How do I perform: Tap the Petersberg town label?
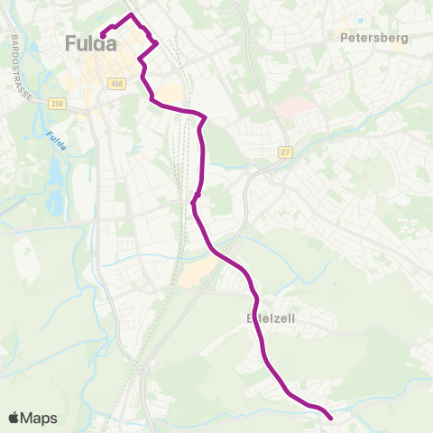click(x=374, y=38)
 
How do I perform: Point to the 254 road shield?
click(x=58, y=105)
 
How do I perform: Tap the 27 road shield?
click(x=285, y=152)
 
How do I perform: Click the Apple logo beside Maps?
click(x=14, y=418)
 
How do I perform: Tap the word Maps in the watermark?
click(x=39, y=418)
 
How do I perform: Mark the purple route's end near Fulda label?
click(x=103, y=35)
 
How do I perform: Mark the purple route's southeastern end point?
click(x=330, y=418)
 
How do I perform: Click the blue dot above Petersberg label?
click(x=360, y=21)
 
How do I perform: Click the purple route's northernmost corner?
click(x=132, y=15)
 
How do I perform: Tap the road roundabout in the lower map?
click(x=144, y=370)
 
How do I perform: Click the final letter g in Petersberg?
click(x=405, y=40)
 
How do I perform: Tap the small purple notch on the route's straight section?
click(x=198, y=192)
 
